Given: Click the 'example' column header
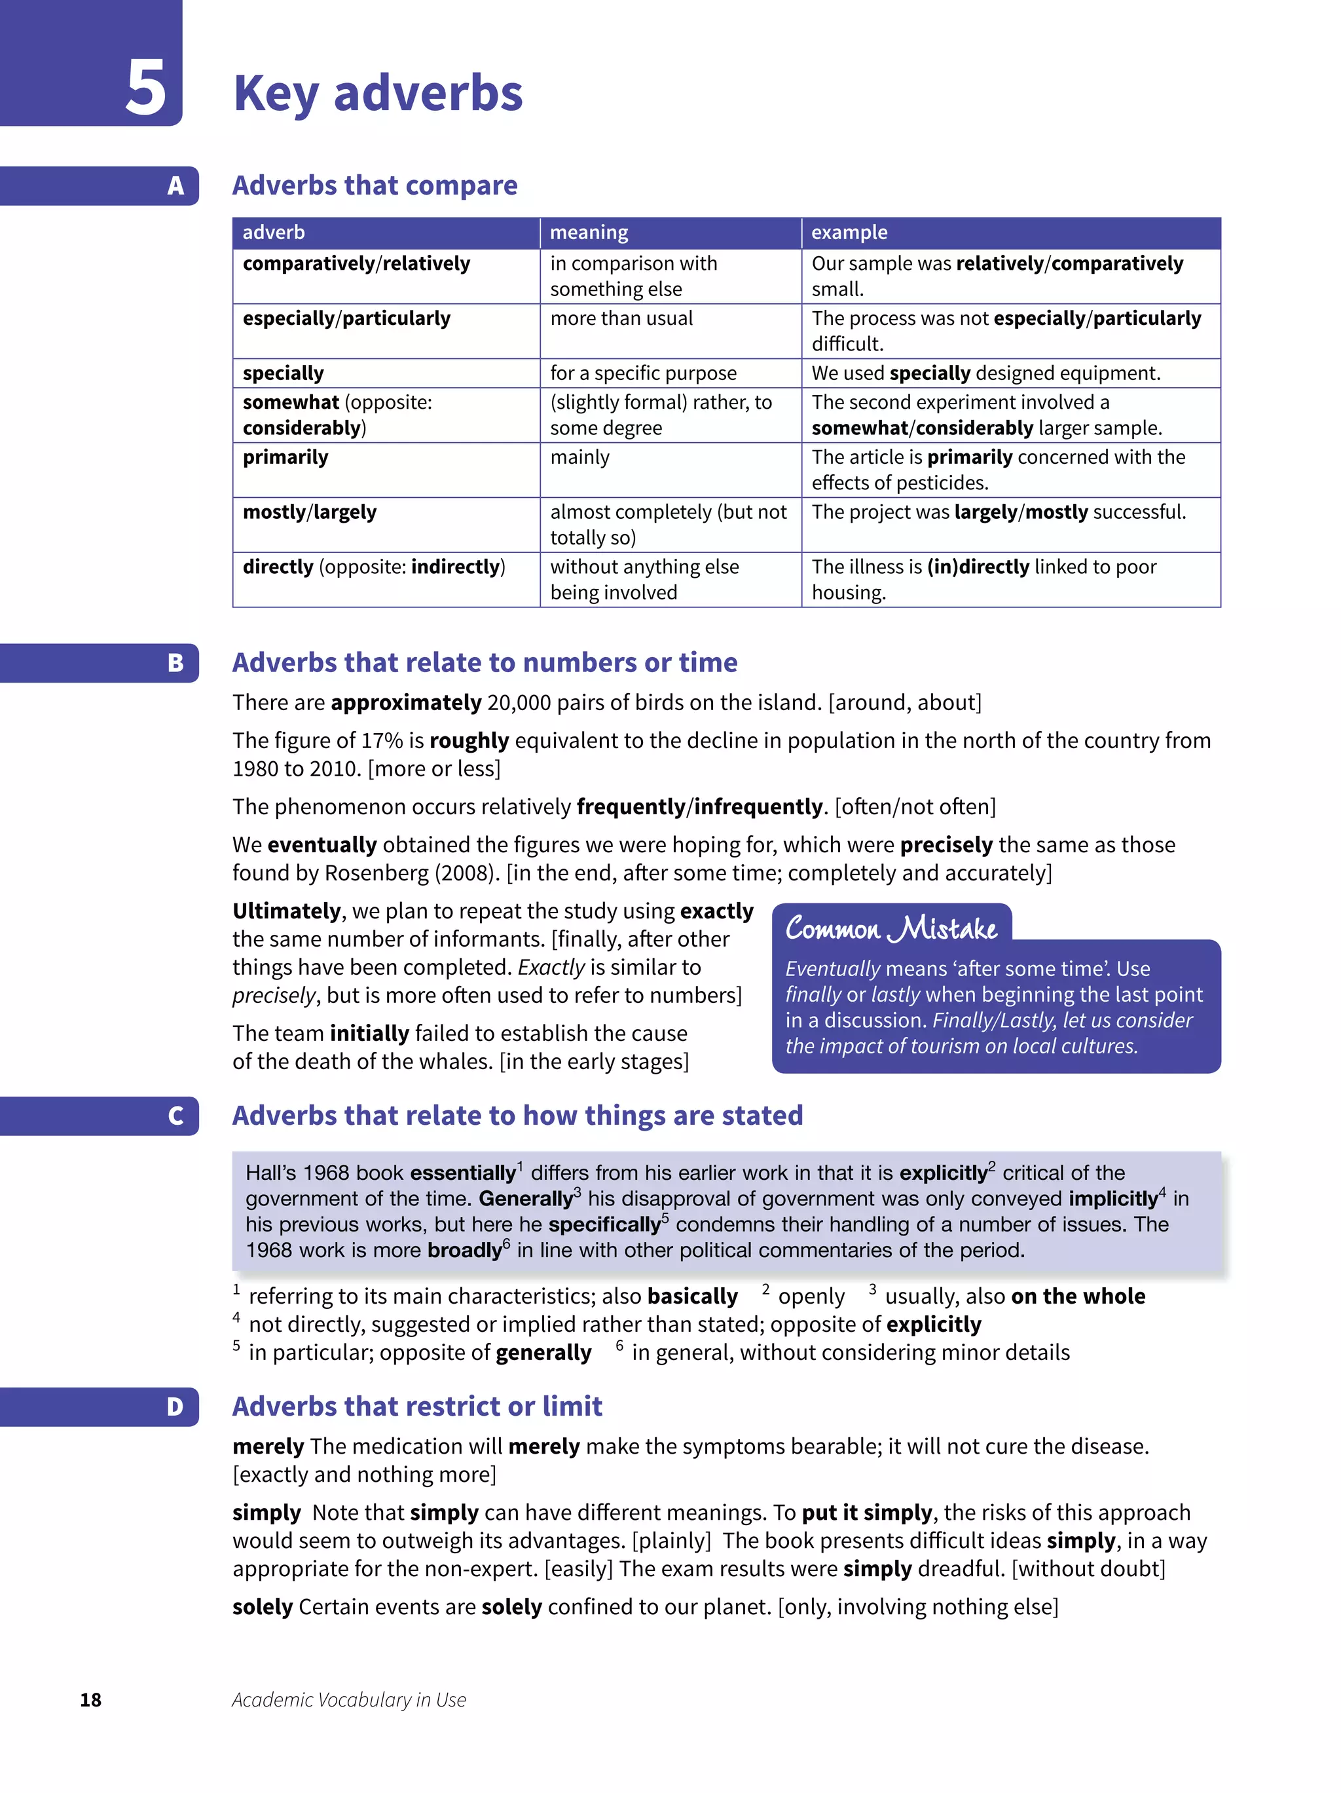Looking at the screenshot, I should (x=849, y=233).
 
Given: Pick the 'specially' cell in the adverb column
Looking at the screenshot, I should (x=283, y=373).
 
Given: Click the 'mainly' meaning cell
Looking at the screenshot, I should (x=579, y=457).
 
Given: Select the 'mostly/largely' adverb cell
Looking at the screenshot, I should (x=310, y=512).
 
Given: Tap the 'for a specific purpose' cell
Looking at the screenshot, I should (x=644, y=373).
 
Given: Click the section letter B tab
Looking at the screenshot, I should (x=175, y=663).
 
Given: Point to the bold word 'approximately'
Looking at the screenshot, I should (x=406, y=702).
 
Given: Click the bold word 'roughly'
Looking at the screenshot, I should (x=469, y=740).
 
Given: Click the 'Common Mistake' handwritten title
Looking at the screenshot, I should (x=891, y=928).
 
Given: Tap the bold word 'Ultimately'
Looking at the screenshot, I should (x=287, y=911).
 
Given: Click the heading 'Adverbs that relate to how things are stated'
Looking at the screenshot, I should (x=517, y=1116).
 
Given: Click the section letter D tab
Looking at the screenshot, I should (x=175, y=1406).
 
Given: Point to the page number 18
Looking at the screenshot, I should (x=91, y=1700).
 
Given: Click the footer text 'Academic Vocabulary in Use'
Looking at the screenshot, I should (x=349, y=1700).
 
